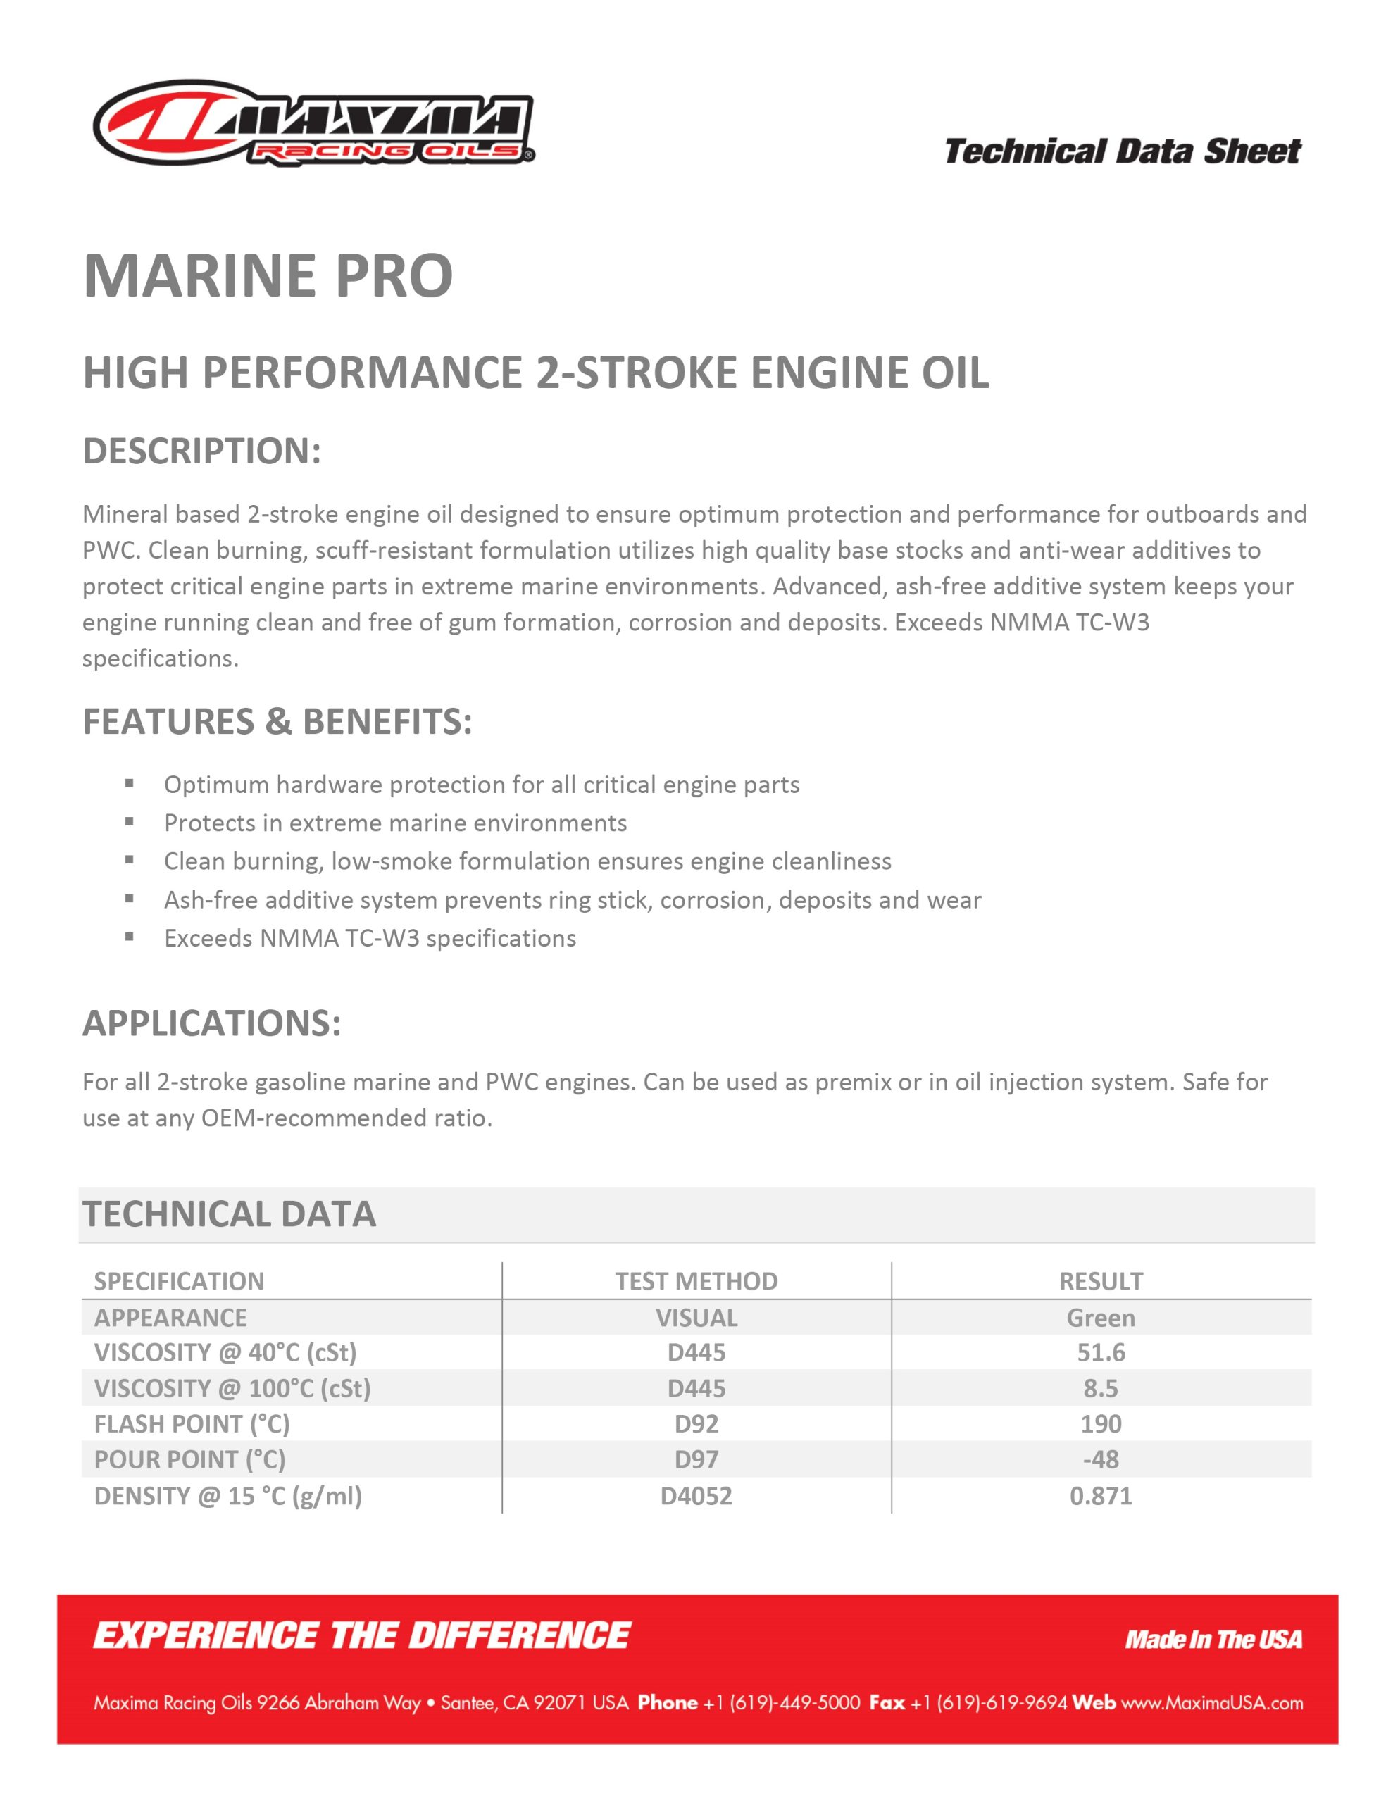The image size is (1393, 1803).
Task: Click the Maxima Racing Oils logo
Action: (x=314, y=124)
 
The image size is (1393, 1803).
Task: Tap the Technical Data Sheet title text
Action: (x=1122, y=152)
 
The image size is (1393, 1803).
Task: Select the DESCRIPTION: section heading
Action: (x=201, y=451)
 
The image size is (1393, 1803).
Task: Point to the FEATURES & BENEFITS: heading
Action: (x=277, y=721)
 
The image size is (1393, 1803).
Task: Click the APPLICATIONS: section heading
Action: (x=211, y=1023)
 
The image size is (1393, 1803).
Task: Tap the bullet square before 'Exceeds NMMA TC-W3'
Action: (x=129, y=937)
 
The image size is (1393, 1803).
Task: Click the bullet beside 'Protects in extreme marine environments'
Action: (x=129, y=821)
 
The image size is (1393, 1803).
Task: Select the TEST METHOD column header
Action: (x=696, y=1280)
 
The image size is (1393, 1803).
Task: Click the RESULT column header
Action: (x=1101, y=1280)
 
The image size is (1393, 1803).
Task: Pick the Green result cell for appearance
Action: (x=1101, y=1318)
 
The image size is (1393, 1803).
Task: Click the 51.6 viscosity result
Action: (x=1101, y=1352)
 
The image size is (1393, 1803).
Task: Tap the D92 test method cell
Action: (x=696, y=1423)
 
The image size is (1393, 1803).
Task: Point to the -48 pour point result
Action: (x=1101, y=1459)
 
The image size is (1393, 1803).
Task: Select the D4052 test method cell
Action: (x=696, y=1495)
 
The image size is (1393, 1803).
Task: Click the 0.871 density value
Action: (x=1101, y=1495)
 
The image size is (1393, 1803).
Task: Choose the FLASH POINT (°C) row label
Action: (x=192, y=1423)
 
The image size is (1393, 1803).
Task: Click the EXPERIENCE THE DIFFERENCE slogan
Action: (x=362, y=1635)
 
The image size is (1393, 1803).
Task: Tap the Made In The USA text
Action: (x=1213, y=1640)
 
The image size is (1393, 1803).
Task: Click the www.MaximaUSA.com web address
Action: (x=1211, y=1702)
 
